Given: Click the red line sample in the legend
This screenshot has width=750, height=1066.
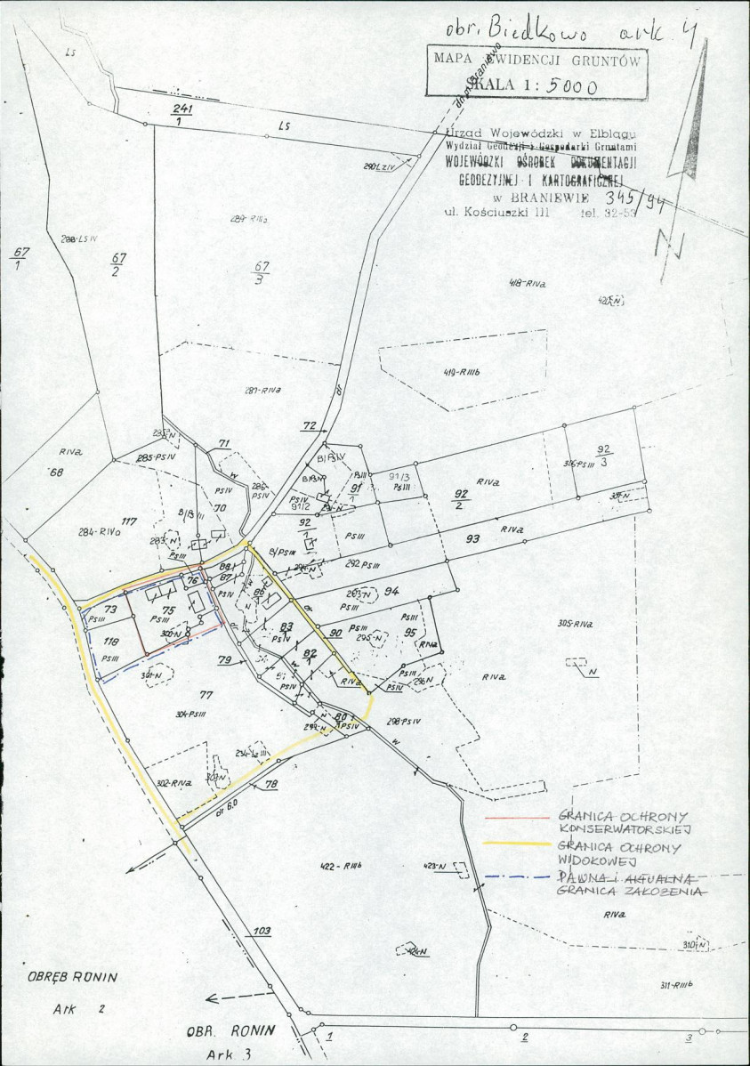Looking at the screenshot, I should (517, 816).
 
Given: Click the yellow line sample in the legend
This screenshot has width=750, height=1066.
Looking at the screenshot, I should (517, 843).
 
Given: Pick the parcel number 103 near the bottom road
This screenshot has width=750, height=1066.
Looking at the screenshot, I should (261, 932).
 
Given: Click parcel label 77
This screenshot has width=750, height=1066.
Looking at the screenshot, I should (206, 694).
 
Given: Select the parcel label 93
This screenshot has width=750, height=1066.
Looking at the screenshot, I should (472, 539).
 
